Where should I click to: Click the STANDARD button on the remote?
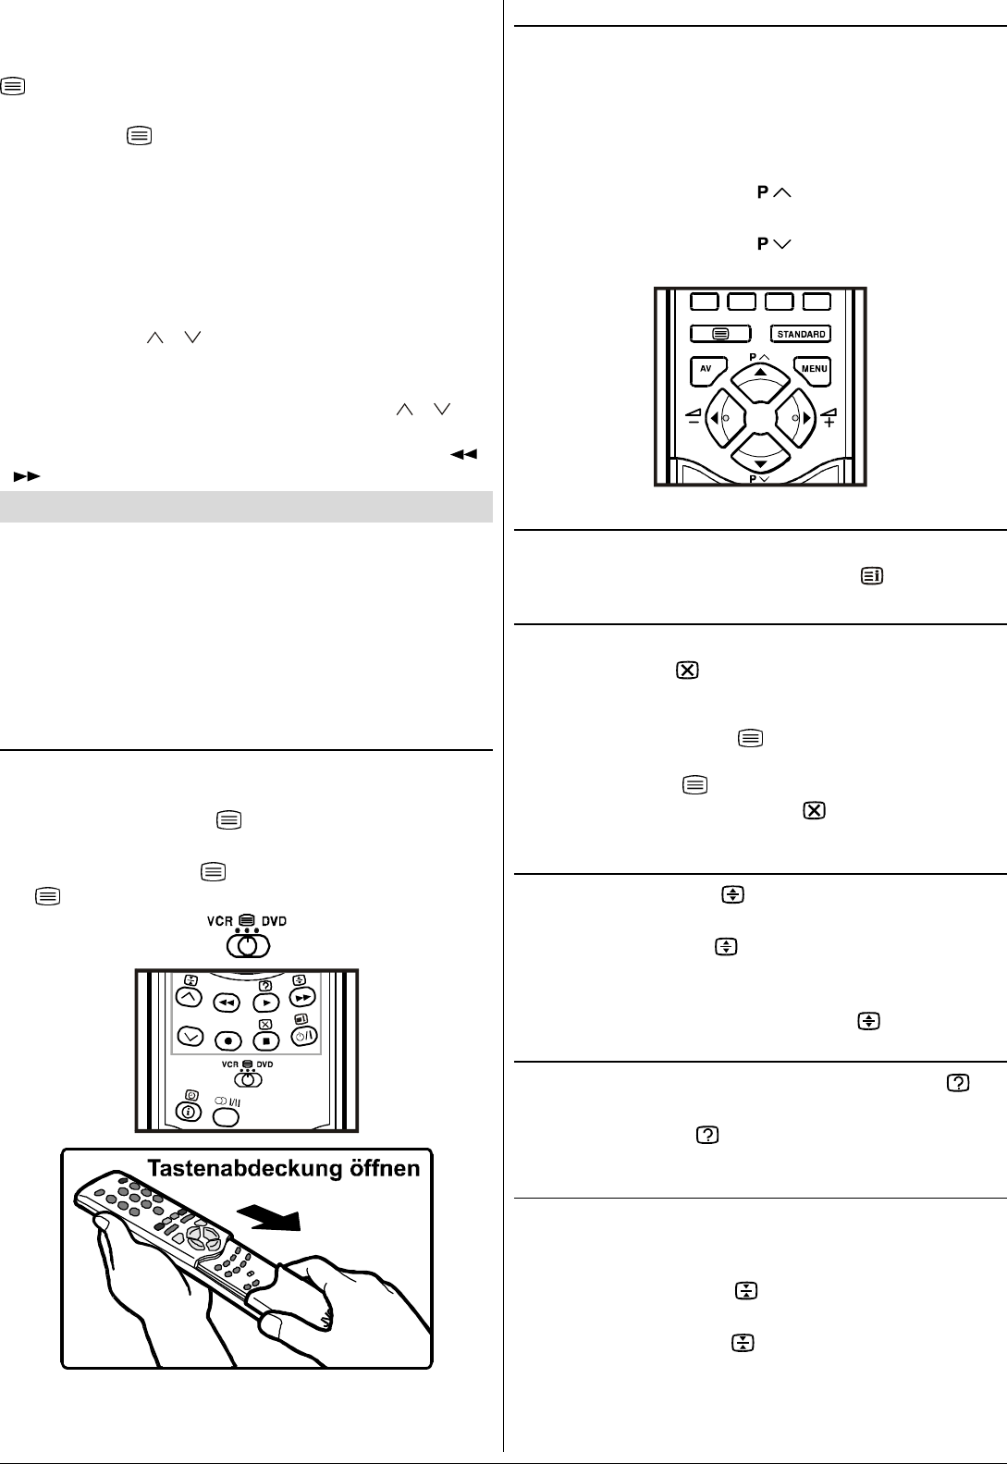801,334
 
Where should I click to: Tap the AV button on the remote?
706,369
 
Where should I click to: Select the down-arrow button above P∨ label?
760,460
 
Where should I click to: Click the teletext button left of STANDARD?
721,334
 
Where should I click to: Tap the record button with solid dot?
227,1040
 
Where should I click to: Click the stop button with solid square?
266,1040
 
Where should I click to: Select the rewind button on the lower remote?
227,1002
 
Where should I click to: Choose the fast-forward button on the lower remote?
301,998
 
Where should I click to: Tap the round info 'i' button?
189,1113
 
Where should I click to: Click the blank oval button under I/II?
226,1116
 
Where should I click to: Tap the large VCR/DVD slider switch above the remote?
247,945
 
